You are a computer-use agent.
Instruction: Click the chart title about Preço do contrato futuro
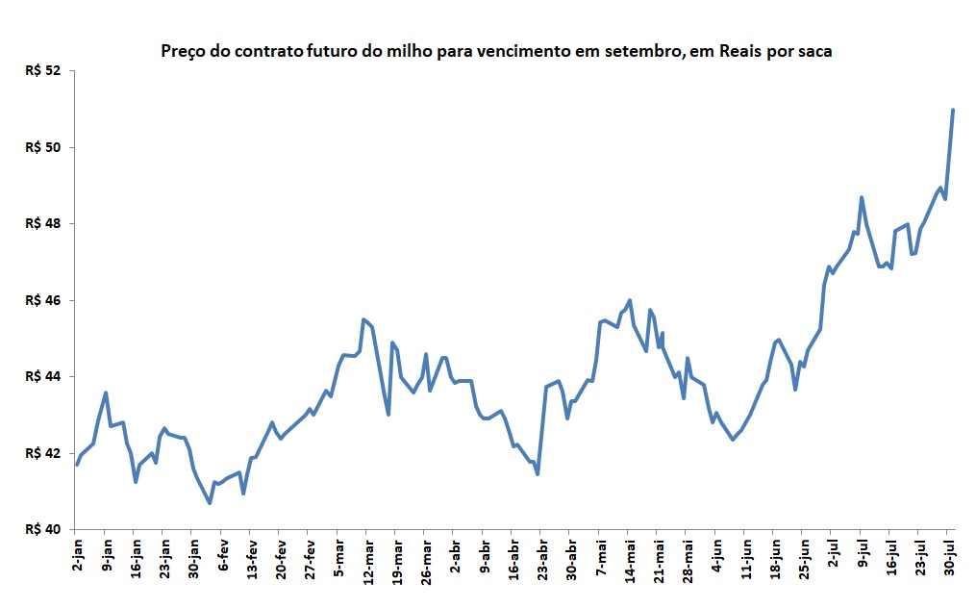pos(496,51)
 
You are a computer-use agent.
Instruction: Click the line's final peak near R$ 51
pos(953,110)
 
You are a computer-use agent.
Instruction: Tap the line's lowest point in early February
pos(210,502)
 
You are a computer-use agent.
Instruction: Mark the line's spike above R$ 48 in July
pos(862,197)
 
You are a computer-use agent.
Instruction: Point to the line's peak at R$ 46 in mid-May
pos(630,300)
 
